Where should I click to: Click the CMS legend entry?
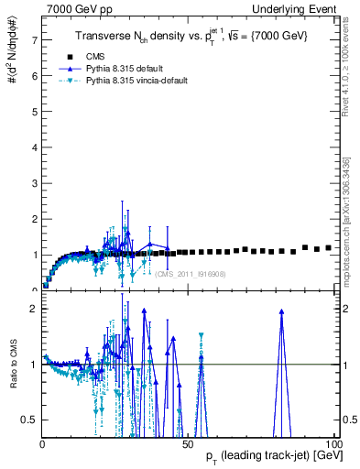[x=94, y=56]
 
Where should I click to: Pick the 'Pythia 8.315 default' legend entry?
[x=124, y=68]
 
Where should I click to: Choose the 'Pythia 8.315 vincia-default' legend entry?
[x=136, y=80]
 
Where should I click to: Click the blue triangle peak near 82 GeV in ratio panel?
[x=281, y=311]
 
